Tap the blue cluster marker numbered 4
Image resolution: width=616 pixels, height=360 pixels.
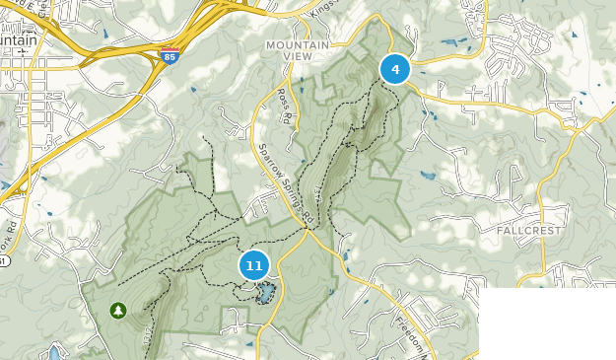pyautogui.click(x=395, y=69)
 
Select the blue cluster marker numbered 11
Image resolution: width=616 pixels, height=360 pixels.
pyautogui.click(x=254, y=265)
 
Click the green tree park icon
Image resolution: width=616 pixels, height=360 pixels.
pyautogui.click(x=118, y=311)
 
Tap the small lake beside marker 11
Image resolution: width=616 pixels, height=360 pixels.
pyautogui.click(x=264, y=294)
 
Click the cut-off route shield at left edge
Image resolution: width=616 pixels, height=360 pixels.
pyautogui.click(x=3, y=261)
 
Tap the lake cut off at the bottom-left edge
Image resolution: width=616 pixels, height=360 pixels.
pyautogui.click(x=53, y=351)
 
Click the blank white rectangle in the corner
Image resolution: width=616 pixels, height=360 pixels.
pyautogui.click(x=547, y=324)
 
